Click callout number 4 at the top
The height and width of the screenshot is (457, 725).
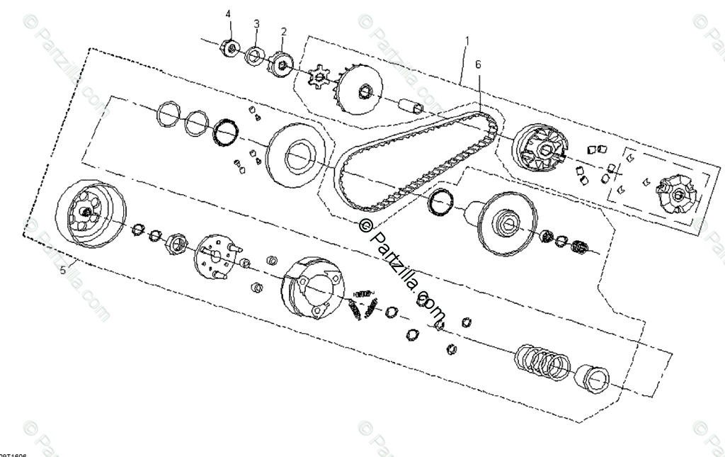[228, 14]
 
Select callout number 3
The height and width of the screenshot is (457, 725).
[256, 23]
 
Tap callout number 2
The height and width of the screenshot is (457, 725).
[284, 32]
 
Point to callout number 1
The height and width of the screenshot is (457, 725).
[467, 41]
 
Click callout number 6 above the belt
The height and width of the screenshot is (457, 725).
[478, 64]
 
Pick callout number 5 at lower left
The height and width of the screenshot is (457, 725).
[62, 270]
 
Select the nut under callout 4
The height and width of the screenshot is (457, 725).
[229, 48]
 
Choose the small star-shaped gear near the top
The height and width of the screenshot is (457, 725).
[322, 76]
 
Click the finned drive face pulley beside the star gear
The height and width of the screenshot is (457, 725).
[360, 90]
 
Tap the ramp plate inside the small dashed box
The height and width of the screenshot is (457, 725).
[678, 193]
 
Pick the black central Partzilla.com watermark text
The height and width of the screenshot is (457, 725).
[404, 269]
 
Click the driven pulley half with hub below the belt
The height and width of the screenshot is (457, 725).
[507, 223]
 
